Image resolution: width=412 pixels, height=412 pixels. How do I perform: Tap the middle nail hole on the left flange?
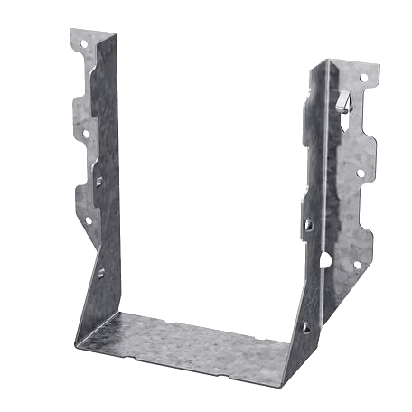tap(86, 133)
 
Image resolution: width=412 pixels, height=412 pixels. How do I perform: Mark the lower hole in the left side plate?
tap(100, 272)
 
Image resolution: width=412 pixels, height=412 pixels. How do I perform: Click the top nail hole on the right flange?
tap(364, 79)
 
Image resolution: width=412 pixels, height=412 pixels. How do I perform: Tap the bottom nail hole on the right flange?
tap(357, 265)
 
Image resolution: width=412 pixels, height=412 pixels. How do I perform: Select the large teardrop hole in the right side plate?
tap(324, 260)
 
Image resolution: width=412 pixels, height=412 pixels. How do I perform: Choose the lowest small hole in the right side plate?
tap(305, 327)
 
